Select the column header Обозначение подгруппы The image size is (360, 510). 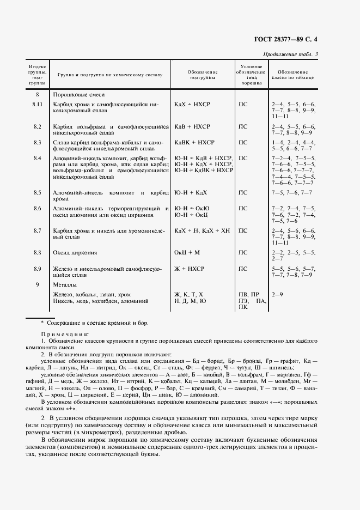(x=203, y=75)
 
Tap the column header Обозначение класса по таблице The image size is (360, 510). (x=293, y=75)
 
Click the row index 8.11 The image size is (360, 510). (x=37, y=104)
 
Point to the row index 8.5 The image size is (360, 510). (x=37, y=193)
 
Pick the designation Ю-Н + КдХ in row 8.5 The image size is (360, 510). (x=191, y=193)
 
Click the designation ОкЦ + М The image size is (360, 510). (x=187, y=253)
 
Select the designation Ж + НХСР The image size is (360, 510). (x=188, y=269)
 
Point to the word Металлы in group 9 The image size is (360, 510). (x=65, y=285)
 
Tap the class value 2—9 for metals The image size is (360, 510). (x=277, y=294)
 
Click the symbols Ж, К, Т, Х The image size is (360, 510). (x=188, y=294)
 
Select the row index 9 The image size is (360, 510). (x=37, y=285)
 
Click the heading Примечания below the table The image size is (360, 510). (x=65, y=333)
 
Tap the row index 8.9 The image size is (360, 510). (x=37, y=269)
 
